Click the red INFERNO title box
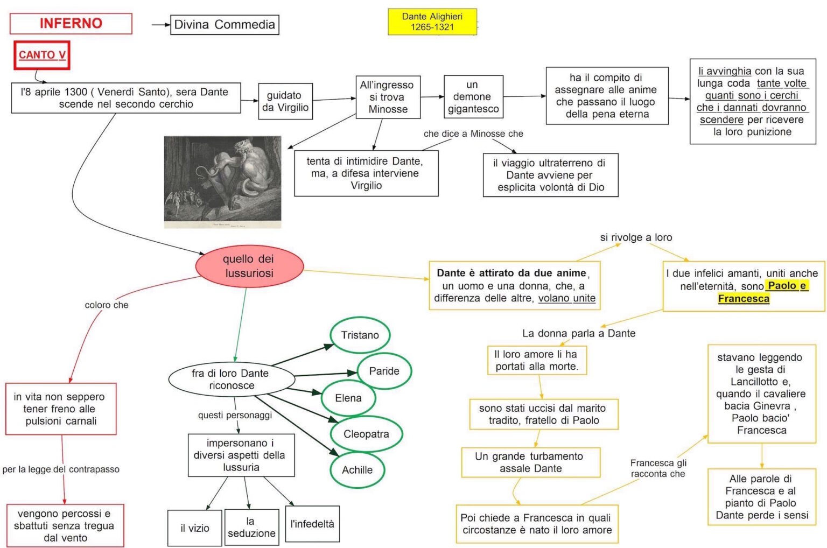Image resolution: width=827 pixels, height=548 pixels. [71, 24]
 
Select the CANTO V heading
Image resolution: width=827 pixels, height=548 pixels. [42, 55]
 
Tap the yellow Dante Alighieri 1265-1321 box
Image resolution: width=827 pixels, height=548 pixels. [432, 22]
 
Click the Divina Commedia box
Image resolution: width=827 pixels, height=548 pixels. [225, 25]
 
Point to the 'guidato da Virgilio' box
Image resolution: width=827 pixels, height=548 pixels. [285, 101]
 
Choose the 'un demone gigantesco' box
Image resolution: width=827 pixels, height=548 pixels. [473, 97]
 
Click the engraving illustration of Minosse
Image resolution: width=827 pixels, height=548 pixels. [222, 182]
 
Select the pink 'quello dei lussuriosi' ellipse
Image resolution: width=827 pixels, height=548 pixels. [249, 266]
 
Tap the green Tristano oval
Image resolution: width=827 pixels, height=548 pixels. [360, 335]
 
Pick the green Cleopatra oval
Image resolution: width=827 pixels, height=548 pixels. [366, 434]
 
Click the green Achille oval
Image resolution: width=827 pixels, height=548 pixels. [357, 470]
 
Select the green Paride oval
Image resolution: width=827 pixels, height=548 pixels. [384, 371]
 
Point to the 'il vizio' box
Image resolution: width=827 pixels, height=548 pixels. [195, 528]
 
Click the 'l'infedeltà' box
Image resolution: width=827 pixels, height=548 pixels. [312, 524]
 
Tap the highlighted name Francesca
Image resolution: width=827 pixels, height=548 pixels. [744, 299]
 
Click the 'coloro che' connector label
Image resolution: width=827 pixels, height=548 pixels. [107, 305]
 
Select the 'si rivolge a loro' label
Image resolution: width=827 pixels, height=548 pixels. [636, 237]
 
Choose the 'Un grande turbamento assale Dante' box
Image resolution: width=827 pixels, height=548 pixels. [530, 462]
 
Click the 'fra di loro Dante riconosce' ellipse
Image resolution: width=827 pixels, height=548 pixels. [232, 380]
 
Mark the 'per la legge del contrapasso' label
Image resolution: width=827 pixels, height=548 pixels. [61, 469]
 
